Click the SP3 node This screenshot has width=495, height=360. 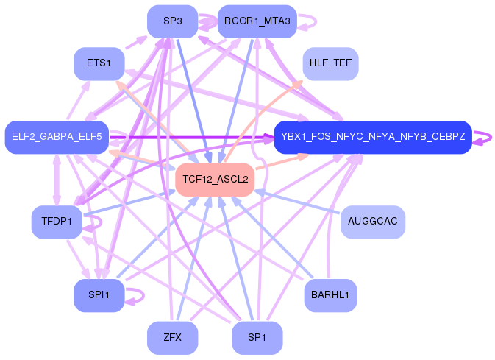(172, 21)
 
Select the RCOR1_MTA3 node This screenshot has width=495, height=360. (257, 21)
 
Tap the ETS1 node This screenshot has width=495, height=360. (99, 63)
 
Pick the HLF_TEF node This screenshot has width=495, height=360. (330, 63)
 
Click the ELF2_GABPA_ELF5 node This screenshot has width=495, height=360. (57, 137)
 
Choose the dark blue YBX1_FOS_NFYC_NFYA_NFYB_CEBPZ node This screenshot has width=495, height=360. (372, 137)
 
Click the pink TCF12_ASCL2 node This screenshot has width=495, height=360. (215, 179)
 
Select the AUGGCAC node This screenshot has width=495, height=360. (373, 222)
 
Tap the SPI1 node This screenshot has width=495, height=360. (99, 295)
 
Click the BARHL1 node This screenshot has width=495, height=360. (330, 295)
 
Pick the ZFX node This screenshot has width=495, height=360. (172, 338)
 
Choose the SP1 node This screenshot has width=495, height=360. (257, 338)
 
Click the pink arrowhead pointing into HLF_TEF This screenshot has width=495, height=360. (299, 80)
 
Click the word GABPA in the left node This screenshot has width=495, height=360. (57, 137)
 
